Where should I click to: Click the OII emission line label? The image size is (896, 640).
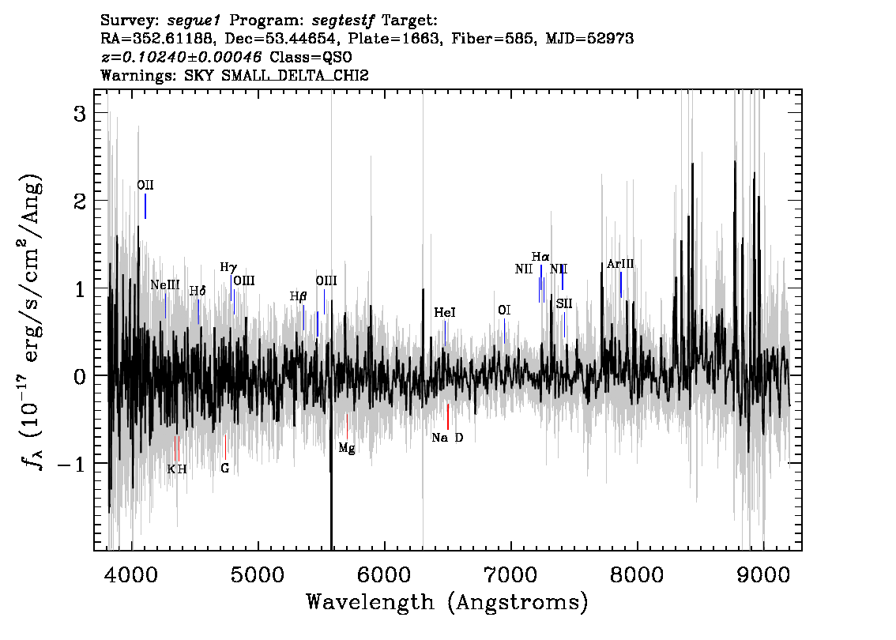coord(145,185)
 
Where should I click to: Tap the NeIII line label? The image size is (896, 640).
coord(165,284)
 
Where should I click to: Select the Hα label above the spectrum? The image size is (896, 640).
coord(540,257)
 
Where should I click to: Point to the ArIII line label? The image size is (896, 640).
coord(620,264)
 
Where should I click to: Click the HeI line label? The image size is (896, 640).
coord(445,313)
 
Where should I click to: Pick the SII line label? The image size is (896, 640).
coord(564,303)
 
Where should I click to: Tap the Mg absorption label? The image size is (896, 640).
coord(347,449)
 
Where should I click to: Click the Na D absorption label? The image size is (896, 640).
coord(447,438)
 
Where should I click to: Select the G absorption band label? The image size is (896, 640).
coord(225,468)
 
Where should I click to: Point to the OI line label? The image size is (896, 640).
coord(504,310)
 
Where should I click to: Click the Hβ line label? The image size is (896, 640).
coord(299,296)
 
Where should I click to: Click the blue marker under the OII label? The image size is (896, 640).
coord(145,206)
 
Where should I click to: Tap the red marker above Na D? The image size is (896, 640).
coord(448,416)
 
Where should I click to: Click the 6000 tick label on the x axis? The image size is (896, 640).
coord(385,575)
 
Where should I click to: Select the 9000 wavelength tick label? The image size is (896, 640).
coord(763,575)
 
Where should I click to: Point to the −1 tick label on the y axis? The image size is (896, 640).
coord(71,465)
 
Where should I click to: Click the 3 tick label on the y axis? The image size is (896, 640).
coord(80,114)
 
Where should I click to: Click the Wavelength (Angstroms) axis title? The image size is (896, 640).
coord(447,602)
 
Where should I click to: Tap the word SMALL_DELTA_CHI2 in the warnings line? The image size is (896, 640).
coord(295,75)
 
